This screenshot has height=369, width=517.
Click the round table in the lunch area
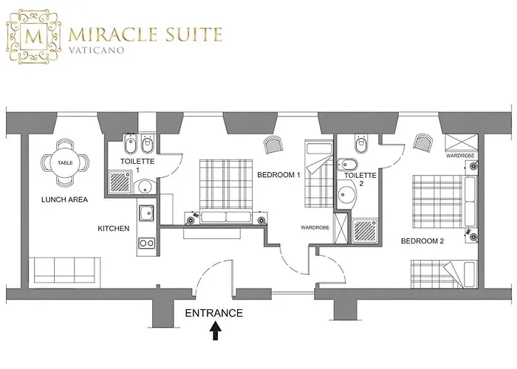tap(65, 163)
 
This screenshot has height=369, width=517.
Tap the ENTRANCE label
tap(214, 313)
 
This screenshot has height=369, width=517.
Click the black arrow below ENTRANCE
tap(216, 331)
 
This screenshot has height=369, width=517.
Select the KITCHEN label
tap(114, 228)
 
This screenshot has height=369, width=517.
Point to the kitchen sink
tap(146, 213)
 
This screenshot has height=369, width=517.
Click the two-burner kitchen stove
tap(146, 243)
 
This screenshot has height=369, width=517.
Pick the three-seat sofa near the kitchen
tap(65, 270)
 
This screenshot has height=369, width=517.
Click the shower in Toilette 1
tap(120, 182)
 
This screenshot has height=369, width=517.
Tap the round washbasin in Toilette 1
tap(145, 187)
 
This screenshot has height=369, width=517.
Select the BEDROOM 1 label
tap(278, 175)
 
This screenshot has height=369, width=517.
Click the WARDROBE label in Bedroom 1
tap(315, 227)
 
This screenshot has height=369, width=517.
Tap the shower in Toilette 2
tap(365, 230)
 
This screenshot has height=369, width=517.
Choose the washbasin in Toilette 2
tap(346, 195)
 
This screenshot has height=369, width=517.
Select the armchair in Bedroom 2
tap(423, 143)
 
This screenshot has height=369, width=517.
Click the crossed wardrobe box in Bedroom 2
tap(462, 142)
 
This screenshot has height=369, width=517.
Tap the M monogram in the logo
tap(34, 36)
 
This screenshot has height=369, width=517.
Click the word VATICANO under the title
tap(97, 50)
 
